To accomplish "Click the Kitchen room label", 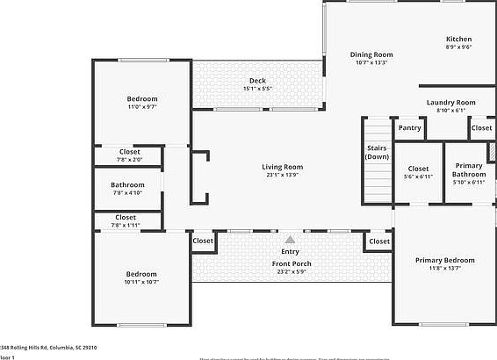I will tap(458, 40).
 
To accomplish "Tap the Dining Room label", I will tap(371, 54).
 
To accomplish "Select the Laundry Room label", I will tap(450, 103).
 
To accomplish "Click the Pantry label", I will tap(409, 128).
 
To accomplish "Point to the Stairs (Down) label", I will tap(377, 152).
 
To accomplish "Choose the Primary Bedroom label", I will tap(444, 260).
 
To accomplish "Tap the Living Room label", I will tap(282, 167).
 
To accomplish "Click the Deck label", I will tap(257, 81).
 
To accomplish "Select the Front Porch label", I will tap(291, 263).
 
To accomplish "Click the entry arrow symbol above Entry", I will tap(291, 238).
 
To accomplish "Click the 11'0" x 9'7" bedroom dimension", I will tap(142, 107).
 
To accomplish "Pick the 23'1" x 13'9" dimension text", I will tap(282, 176).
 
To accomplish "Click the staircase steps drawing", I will tap(377, 184).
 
